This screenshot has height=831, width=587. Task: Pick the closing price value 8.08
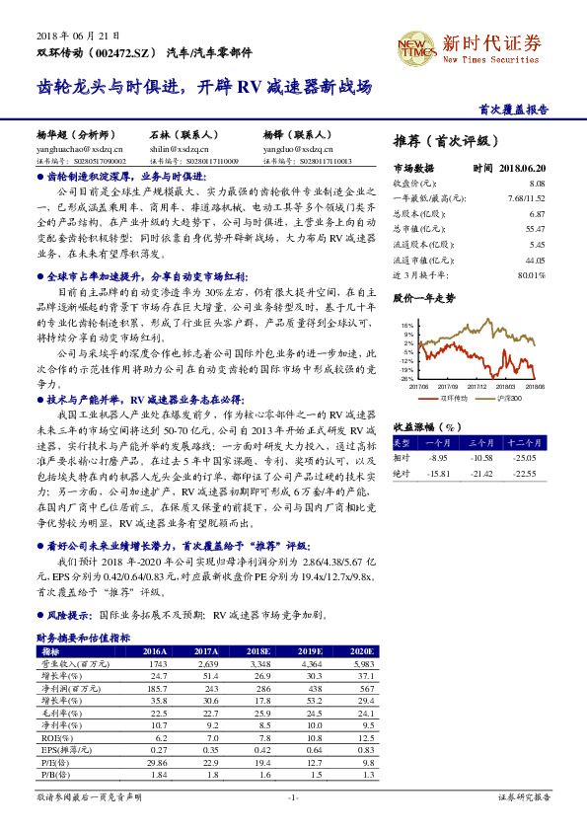coord(537,184)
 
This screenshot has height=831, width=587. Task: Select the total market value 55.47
coord(534,229)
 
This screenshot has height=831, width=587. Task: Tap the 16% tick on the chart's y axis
coord(407,325)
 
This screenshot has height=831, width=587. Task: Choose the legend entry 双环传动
coord(453,397)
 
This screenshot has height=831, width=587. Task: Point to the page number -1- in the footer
coord(292,795)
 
